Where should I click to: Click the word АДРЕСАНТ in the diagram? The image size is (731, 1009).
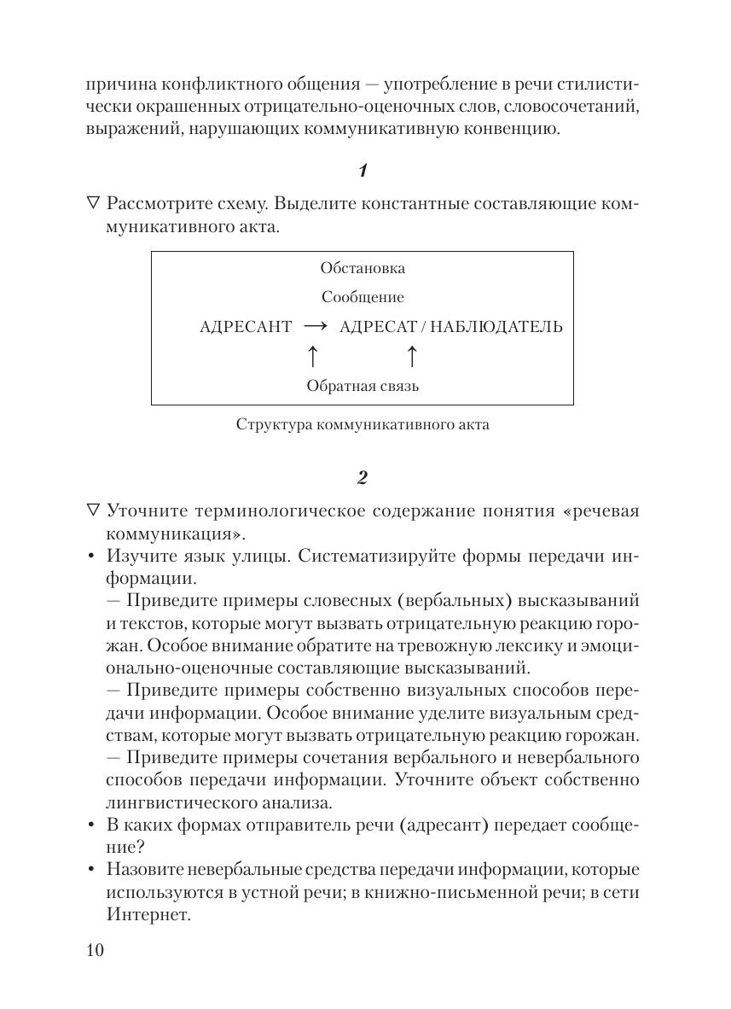point(246,327)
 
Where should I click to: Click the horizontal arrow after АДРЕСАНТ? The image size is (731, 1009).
point(315,327)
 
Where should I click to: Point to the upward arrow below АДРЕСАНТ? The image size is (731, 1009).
point(312,356)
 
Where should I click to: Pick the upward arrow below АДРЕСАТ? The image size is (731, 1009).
point(411,356)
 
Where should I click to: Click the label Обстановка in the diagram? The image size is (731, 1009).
point(363,268)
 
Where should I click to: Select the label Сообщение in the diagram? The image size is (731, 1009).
point(363,298)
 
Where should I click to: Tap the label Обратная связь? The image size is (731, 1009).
point(363,386)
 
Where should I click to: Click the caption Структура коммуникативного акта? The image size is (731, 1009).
point(363,424)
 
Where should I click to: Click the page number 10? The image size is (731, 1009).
point(95,950)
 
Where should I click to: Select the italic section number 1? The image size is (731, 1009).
point(363,171)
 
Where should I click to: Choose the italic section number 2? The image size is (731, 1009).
point(363,477)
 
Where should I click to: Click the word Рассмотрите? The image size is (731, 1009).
point(160,205)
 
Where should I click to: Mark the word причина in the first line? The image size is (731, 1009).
point(118,85)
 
